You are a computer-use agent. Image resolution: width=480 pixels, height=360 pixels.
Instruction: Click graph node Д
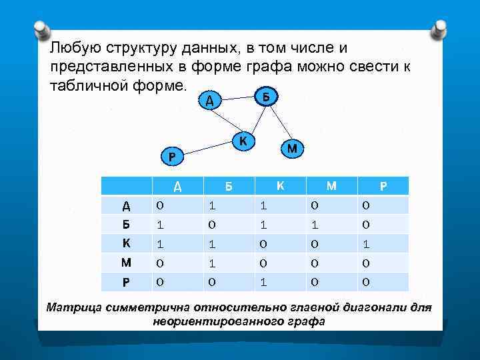(209, 101)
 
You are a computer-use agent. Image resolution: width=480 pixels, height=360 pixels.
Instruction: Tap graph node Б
(265, 95)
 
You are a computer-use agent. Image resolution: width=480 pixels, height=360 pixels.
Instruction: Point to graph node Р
(172, 157)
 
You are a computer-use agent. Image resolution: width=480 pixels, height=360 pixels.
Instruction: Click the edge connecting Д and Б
(237, 99)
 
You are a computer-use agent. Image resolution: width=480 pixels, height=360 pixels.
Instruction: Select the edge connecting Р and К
(207, 149)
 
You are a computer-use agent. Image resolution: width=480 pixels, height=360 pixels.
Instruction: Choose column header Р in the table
(383, 186)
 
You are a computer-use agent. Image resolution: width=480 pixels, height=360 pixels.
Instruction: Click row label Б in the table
(126, 225)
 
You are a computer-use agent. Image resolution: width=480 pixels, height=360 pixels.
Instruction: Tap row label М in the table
(126, 263)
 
